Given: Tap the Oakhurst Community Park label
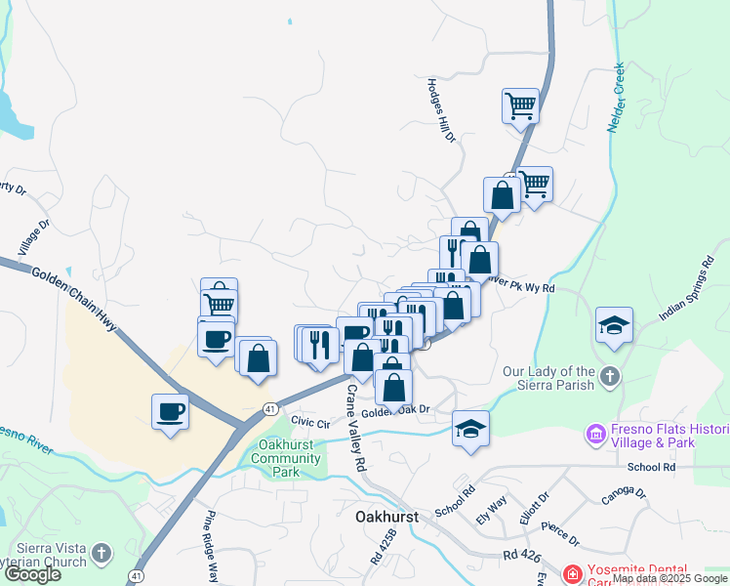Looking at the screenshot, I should pyautogui.click(x=285, y=458).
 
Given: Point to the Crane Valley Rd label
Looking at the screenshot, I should pyautogui.click(x=355, y=427).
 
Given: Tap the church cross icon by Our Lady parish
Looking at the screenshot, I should pyautogui.click(x=610, y=377).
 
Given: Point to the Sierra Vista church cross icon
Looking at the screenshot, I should pyautogui.click(x=102, y=555).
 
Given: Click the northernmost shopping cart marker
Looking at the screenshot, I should pyautogui.click(x=521, y=105).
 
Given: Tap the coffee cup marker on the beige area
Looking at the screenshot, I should pyautogui.click(x=171, y=410).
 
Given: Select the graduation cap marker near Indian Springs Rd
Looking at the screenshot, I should pyautogui.click(x=615, y=324).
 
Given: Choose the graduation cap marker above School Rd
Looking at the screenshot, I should pyautogui.click(x=470, y=428).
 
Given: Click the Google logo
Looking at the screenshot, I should pyautogui.click(x=32, y=574).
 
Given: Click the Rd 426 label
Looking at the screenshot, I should pyautogui.click(x=523, y=555).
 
